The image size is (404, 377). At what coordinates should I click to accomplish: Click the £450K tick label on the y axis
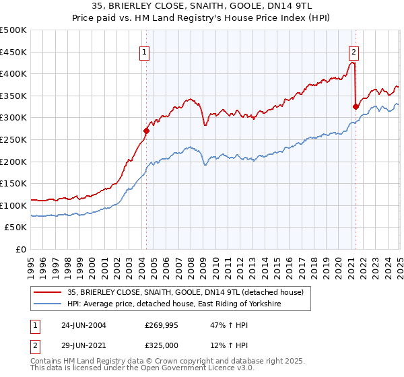(13, 52)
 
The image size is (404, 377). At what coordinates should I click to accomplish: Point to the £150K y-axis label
(13, 183)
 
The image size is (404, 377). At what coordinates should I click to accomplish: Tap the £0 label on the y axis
(20, 249)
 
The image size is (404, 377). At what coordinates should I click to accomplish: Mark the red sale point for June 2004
(146, 131)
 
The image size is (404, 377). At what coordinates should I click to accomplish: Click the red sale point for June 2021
(356, 106)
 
